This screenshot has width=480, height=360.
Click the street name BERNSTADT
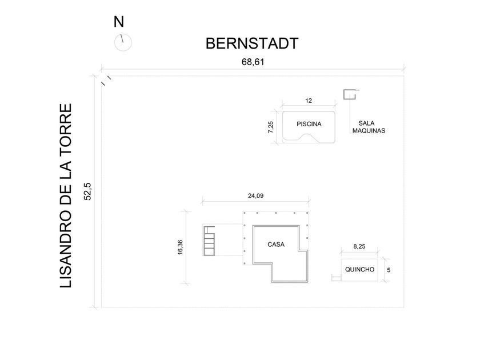(x=251, y=43)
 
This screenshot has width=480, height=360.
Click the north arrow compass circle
(x=122, y=42)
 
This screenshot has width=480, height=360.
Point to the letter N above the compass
(x=118, y=22)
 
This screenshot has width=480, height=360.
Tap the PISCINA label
(x=309, y=124)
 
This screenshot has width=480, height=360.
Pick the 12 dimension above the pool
(x=309, y=101)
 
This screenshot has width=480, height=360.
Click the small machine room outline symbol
(x=349, y=95)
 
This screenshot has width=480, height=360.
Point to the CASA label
(x=276, y=245)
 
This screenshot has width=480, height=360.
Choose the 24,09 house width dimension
(x=255, y=195)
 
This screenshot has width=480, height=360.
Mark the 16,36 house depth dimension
(x=181, y=247)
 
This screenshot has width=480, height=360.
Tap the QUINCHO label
(x=359, y=270)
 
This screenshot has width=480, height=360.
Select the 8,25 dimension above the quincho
(x=359, y=247)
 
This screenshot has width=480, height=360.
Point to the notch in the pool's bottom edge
(x=309, y=138)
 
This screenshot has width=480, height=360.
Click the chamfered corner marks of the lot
(x=106, y=79)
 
